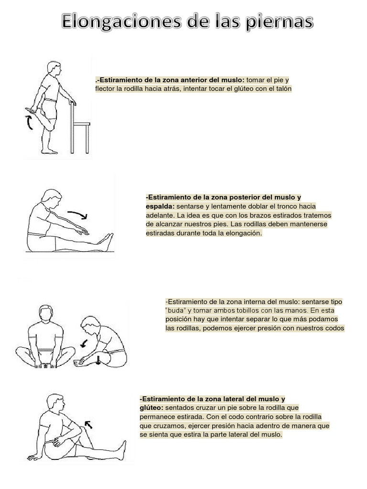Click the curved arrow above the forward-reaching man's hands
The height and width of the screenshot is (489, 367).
coord(77,214)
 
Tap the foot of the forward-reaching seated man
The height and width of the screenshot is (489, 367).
coord(108,241)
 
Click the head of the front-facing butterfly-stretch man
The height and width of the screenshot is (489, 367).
coord(46,313)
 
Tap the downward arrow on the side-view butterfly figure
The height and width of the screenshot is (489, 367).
coord(98,360)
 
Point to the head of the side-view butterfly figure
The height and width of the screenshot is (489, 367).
coord(90,326)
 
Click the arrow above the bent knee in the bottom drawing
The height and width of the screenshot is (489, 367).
coord(88,424)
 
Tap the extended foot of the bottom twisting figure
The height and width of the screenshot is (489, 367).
coord(122,450)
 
